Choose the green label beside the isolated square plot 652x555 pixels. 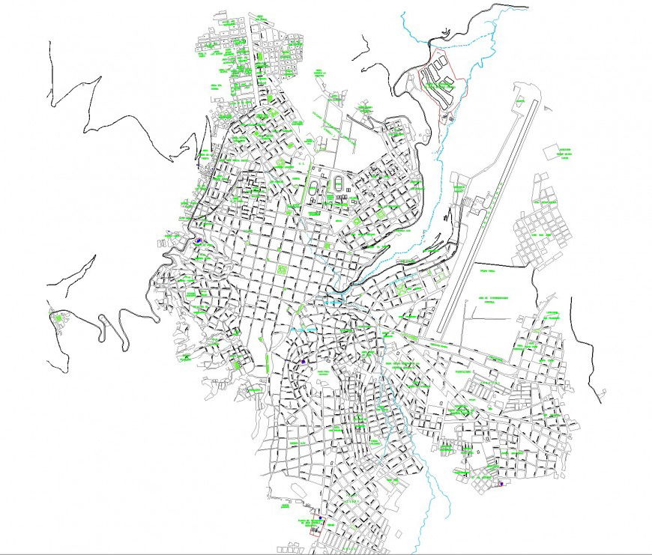[565, 154]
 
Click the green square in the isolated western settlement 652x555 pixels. [59, 319]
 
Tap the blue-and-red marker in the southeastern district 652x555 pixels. [501, 484]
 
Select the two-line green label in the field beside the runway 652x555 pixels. [492, 299]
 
